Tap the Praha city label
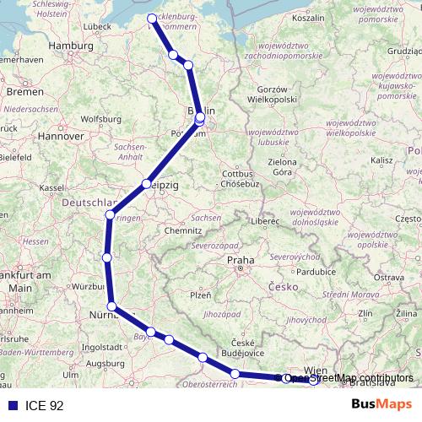(239, 261)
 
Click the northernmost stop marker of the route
(152, 18)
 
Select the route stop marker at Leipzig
(147, 183)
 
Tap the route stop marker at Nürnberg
(112, 307)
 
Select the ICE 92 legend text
(44, 405)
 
